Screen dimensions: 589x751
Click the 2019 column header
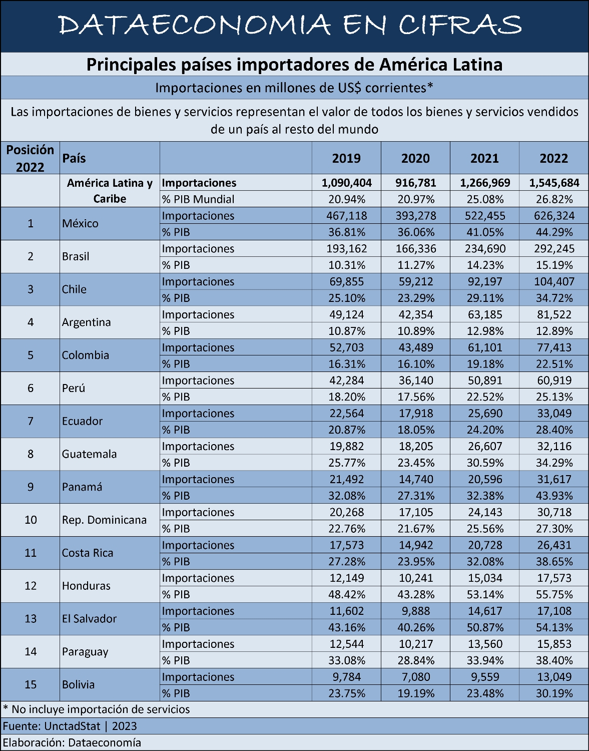[346, 158]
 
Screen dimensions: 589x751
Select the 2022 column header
[554, 158]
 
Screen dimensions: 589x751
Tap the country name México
[80, 223]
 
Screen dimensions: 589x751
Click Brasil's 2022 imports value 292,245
[554, 248]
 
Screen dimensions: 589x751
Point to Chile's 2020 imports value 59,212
[415, 281]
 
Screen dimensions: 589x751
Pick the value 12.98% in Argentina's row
[485, 331]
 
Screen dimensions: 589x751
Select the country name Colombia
[86, 355]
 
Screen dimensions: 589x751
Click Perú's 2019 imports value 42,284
[346, 380]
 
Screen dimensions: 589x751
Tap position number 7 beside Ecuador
[31, 421]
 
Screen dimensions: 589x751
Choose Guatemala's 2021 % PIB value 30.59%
[485, 463]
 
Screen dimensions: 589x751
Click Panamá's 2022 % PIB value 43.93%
[554, 496]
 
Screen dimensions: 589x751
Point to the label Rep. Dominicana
[104, 520]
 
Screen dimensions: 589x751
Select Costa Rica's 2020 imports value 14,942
[415, 545]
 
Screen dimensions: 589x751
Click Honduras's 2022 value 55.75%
[554, 594]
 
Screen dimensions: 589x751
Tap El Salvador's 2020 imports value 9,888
[415, 611]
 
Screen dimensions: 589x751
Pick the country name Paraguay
[85, 652]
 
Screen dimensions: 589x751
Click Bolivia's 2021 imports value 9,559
[485, 677]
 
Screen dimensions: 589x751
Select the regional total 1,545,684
[554, 182]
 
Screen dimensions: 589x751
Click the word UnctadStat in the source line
[72, 726]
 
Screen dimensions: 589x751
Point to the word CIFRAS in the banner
[460, 25]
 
